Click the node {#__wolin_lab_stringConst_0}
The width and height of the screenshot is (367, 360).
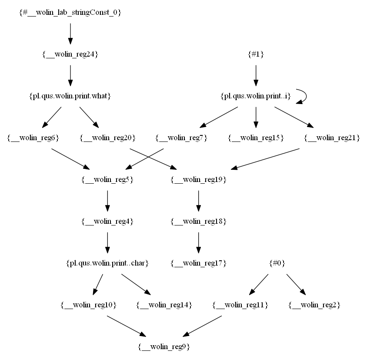(x=70, y=13)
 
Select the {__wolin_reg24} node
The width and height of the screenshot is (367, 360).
(x=70, y=54)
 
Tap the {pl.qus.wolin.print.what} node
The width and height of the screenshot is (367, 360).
(x=70, y=96)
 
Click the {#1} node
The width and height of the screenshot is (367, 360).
(x=256, y=54)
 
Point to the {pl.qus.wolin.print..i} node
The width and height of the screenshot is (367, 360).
(x=256, y=96)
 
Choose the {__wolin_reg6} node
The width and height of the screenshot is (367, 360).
(x=33, y=138)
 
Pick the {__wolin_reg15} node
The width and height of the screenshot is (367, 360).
(x=256, y=138)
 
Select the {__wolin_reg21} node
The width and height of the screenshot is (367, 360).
(x=332, y=138)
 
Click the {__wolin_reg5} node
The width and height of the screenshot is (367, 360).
(x=107, y=180)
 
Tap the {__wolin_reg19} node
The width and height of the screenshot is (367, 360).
(x=199, y=180)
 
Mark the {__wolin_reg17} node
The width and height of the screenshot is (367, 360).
(x=199, y=263)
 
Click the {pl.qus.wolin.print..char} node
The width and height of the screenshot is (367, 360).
(x=107, y=263)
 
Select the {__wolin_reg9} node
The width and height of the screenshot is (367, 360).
(x=164, y=347)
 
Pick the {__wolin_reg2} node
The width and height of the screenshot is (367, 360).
(x=314, y=305)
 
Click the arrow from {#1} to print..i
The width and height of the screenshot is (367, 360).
(x=256, y=75)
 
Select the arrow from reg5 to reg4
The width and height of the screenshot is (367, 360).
(x=107, y=201)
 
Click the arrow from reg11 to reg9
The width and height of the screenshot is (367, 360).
(x=202, y=326)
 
